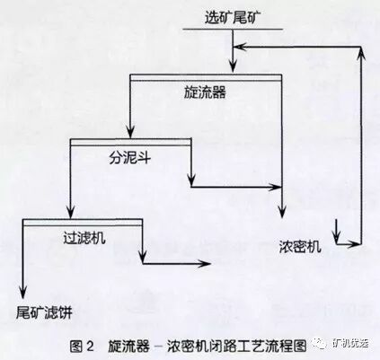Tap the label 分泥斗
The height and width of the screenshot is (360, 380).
129,154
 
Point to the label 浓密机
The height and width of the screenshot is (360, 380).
298,246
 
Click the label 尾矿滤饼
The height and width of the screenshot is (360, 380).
43,310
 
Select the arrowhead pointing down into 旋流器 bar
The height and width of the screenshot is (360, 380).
233,66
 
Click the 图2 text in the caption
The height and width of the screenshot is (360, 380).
83,343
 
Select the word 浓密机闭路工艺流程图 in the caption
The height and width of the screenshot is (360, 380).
239,343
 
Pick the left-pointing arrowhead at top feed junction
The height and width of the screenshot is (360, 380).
237,46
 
